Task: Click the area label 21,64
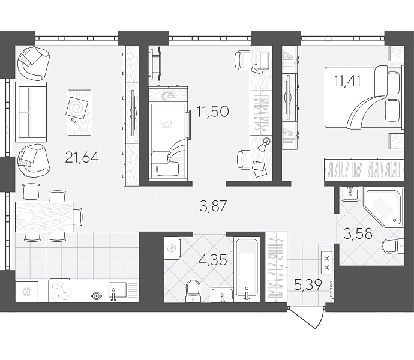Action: coord(82,158)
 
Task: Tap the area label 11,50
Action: coord(212,112)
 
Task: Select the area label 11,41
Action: coord(347,80)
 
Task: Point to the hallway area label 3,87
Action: coord(214,206)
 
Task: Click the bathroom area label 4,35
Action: coord(214,260)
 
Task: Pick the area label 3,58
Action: coord(358,233)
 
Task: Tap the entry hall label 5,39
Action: coord(308,285)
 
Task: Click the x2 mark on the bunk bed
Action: coord(167,124)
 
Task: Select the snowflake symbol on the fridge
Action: coord(26,292)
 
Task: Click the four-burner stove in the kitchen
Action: coord(59,292)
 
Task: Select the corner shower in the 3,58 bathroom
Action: coord(384,206)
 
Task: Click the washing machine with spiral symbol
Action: coord(172,248)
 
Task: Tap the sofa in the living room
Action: coord(31,112)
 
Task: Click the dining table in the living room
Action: coord(44,217)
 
